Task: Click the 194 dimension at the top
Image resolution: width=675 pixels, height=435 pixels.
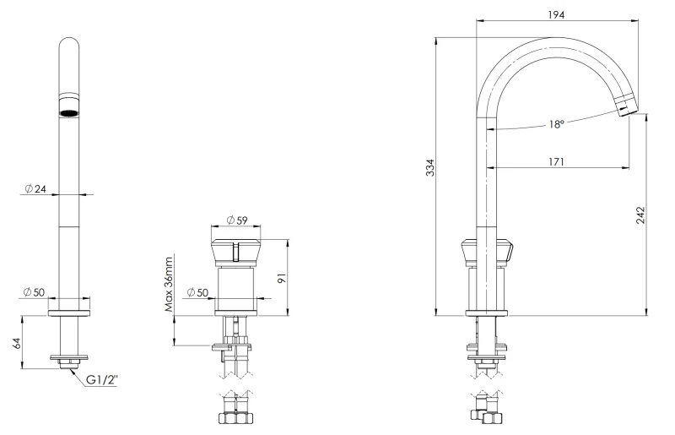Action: pyautogui.click(x=555, y=14)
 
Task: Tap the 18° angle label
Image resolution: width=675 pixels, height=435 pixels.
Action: pyautogui.click(x=555, y=123)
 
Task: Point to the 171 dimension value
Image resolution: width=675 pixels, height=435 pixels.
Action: pyautogui.click(x=555, y=161)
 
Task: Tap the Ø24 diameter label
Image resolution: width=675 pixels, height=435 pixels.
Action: pyautogui.click(x=35, y=188)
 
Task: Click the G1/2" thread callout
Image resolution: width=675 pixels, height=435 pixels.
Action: pyautogui.click(x=101, y=379)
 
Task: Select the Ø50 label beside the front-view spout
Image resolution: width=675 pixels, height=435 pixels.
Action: pyautogui.click(x=35, y=291)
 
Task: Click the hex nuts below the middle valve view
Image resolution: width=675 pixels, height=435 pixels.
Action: pyautogui.click(x=236, y=418)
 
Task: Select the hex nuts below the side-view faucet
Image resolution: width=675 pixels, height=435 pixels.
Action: pyautogui.click(x=488, y=416)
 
